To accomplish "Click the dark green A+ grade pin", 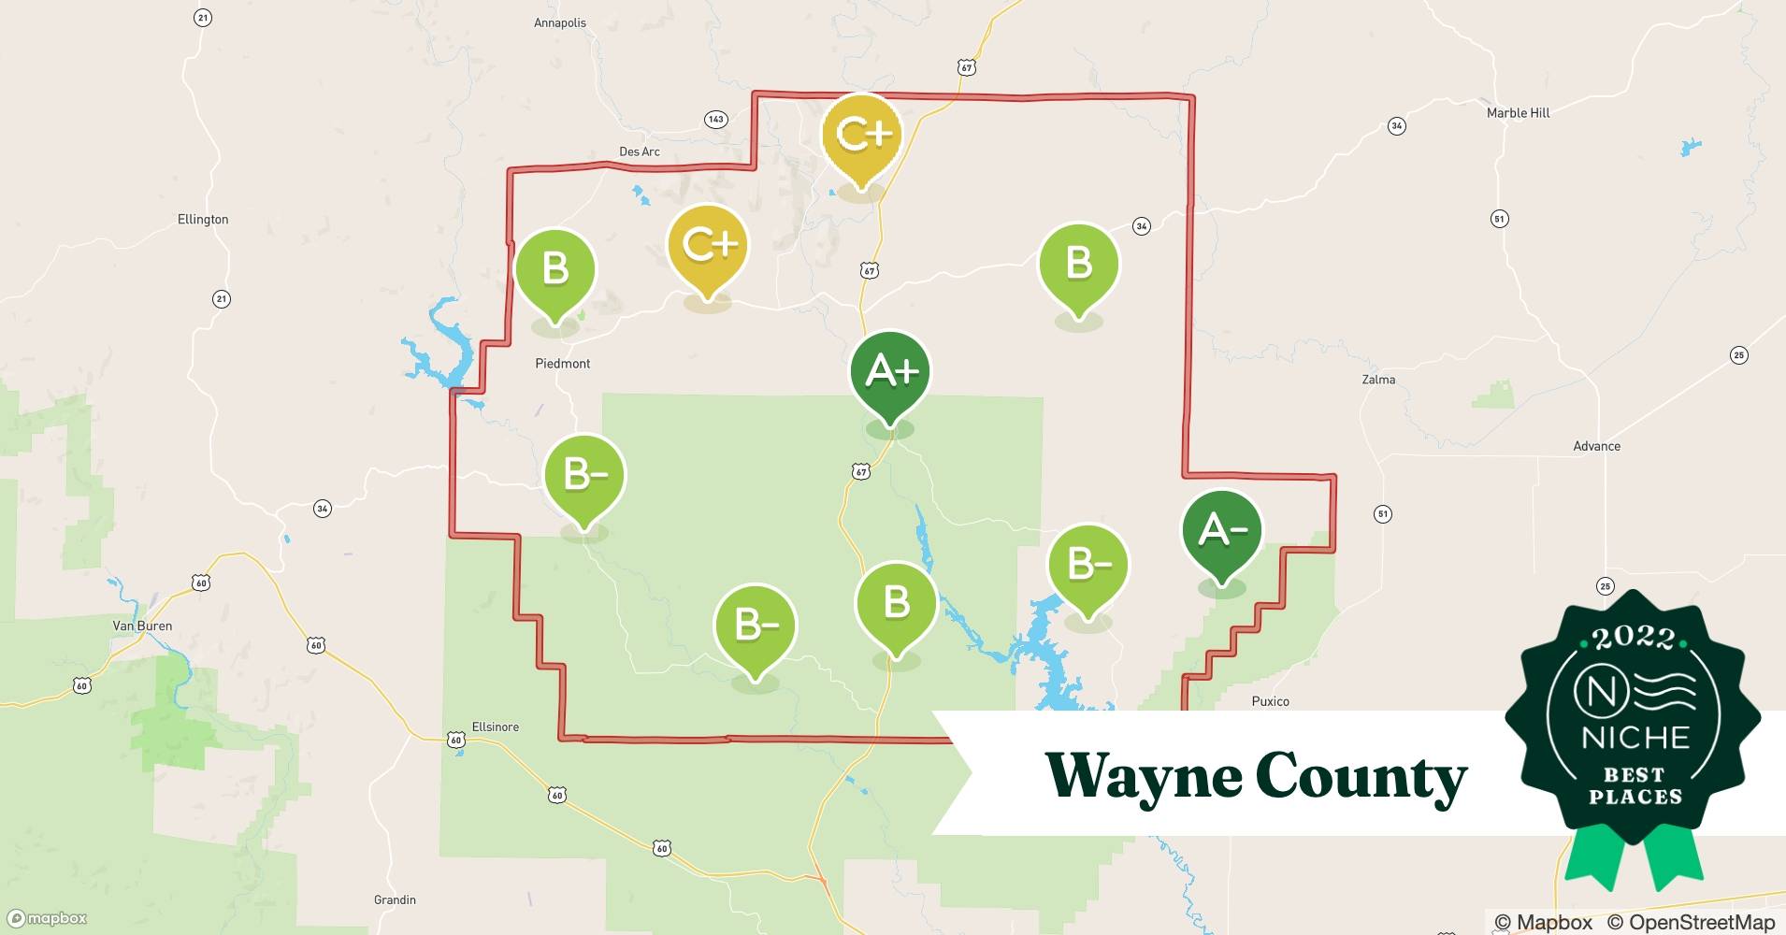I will pos(890,372).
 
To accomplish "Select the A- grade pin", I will pos(1221,531).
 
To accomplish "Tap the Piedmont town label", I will pos(562,364).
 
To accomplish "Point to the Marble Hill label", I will pos(1518,113).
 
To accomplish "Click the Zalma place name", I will pos(1378,380).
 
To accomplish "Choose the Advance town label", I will pos(1596,446).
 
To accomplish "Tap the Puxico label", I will pos(1270,701).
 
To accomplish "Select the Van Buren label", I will pos(142,626).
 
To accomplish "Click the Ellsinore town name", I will pos(495,726).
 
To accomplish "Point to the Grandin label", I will pos(395,899).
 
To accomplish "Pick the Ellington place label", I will pos(203,220).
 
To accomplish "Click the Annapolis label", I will pos(559,23).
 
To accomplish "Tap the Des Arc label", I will pos(640,151).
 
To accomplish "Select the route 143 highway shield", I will pos(715,119).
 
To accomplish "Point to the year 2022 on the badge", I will pos(1633,638).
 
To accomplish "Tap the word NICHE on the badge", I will pos(1635,738).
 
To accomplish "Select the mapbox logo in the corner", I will pos(48,918).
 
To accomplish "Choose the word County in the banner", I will pos(1361,776).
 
